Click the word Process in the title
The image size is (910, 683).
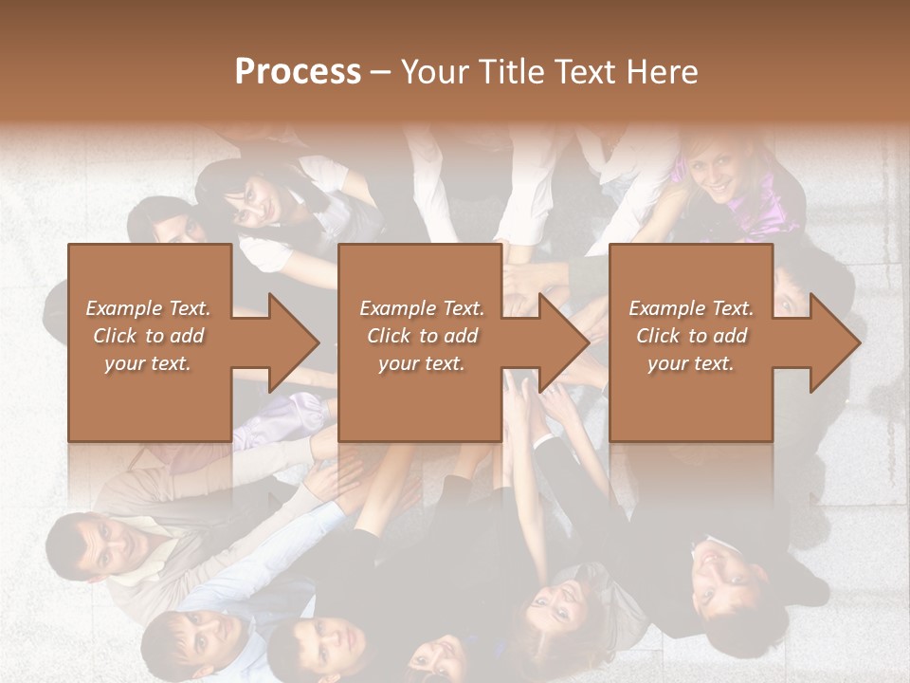[298, 72]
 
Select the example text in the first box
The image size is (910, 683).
[148, 336]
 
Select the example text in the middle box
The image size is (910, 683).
[421, 336]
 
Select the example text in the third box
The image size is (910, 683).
[691, 336]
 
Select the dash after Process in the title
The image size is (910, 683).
[381, 73]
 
